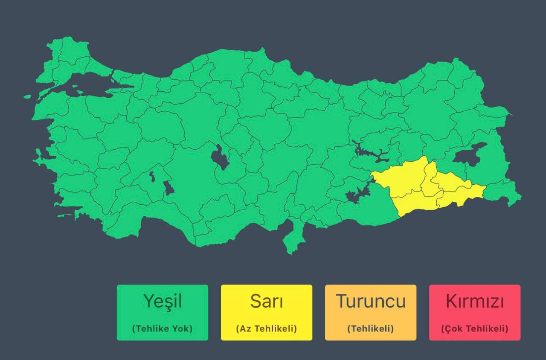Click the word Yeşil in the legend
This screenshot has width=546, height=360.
pyautogui.click(x=163, y=302)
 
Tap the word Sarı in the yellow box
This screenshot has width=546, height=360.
pyautogui.click(x=266, y=302)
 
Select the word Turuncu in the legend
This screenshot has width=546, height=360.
pyautogui.click(x=370, y=302)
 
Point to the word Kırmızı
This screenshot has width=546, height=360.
pyautogui.click(x=474, y=302)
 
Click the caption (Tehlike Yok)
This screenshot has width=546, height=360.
pyautogui.click(x=163, y=329)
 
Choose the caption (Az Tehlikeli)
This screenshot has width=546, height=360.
pyautogui.click(x=266, y=329)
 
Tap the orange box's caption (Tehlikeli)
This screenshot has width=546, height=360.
pyautogui.click(x=370, y=329)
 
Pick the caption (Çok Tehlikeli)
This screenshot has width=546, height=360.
pyautogui.click(x=474, y=329)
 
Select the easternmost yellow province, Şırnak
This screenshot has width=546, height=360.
pyautogui.click(x=463, y=194)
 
